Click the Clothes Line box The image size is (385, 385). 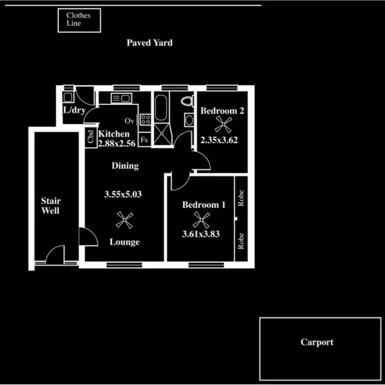(x=79, y=20)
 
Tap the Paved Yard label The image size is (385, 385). (x=149, y=43)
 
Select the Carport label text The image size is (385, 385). (x=317, y=343)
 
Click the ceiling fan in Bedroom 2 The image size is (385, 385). (x=222, y=125)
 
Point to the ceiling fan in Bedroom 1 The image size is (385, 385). (x=200, y=220)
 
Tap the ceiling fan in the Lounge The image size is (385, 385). (x=125, y=221)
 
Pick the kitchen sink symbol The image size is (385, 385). (x=120, y=99)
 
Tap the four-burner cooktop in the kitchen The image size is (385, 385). (x=146, y=119)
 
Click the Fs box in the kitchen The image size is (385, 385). (x=144, y=140)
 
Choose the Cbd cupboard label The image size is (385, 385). (x=90, y=137)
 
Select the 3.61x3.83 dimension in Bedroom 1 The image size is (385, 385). (x=201, y=234)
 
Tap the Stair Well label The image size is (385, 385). (x=51, y=205)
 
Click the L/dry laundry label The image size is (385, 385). (x=74, y=110)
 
